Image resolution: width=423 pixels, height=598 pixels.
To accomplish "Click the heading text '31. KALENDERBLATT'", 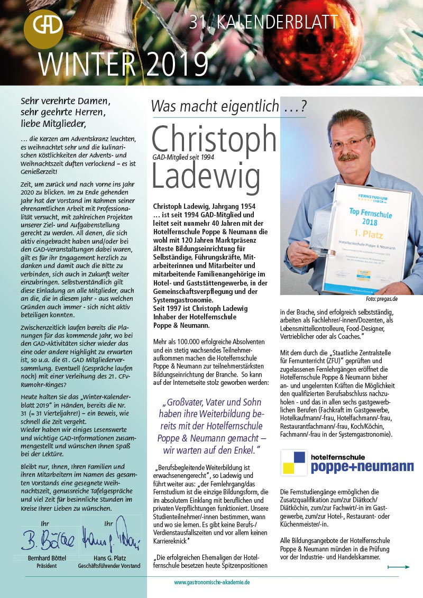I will pos(263,22).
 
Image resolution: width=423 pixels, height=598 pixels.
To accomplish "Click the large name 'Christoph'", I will pos(214,140).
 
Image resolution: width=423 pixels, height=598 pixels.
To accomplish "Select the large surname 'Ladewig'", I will pos(206,176).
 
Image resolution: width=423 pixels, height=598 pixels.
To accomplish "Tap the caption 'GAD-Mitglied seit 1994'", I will pos(183,157).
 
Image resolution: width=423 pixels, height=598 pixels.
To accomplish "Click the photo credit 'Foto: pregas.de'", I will pos(381,299).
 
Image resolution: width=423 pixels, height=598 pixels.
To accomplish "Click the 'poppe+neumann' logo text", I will pos(362,466).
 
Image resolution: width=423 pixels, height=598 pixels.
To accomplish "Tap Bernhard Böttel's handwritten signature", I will pos(48,540).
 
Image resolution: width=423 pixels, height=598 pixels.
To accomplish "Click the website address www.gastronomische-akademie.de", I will pos(212,582).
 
